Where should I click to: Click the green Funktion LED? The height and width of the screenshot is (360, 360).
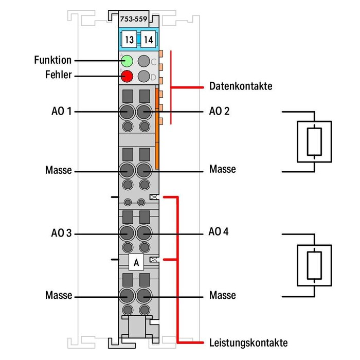point(127,61)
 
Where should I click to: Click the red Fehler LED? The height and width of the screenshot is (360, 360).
point(127,77)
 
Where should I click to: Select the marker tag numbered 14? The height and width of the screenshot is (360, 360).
point(148,39)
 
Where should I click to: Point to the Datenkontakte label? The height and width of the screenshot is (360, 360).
point(240,86)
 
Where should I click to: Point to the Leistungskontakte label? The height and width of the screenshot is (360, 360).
point(248,343)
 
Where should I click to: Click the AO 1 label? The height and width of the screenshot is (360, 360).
point(61,111)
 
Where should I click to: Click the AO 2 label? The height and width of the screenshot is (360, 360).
point(220,111)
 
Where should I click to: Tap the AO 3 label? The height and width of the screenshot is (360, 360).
point(61,233)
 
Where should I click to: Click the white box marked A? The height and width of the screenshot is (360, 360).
point(136,262)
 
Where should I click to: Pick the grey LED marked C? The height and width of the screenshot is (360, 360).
point(145,61)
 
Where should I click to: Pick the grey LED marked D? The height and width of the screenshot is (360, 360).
point(145,77)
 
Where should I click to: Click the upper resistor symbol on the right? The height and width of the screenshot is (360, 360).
point(314,141)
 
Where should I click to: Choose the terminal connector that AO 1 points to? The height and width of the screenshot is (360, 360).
point(125,111)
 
